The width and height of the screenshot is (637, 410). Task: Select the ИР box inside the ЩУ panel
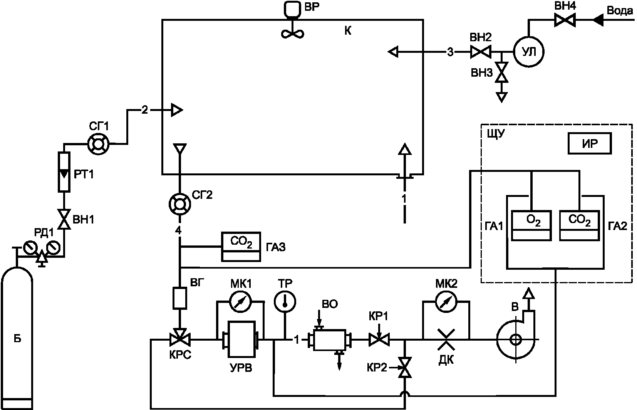[x=590, y=143]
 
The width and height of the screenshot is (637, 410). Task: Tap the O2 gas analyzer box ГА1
[x=531, y=226]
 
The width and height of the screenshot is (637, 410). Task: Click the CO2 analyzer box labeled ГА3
[x=241, y=247]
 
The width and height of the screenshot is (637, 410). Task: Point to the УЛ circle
[x=529, y=52]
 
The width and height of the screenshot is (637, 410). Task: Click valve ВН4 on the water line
[x=565, y=20]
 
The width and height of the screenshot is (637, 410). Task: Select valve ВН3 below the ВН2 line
[x=501, y=72]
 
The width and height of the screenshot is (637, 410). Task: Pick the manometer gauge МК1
[x=241, y=302]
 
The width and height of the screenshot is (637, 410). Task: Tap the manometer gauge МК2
[x=446, y=302]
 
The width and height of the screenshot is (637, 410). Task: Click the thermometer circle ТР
[x=285, y=302]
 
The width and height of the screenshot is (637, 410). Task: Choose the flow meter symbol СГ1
[x=98, y=144]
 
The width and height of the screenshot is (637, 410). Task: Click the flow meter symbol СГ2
[x=180, y=204]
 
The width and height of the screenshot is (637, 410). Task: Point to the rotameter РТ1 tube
[x=64, y=172]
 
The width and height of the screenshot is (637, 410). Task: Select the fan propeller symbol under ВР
[x=292, y=33]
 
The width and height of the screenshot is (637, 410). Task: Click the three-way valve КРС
[x=180, y=338]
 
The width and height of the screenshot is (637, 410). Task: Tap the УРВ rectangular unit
[x=241, y=339]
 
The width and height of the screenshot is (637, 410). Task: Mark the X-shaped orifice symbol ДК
[x=446, y=339]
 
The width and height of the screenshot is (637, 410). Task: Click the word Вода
[x=620, y=11]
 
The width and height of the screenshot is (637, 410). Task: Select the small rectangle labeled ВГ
[x=180, y=298]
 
